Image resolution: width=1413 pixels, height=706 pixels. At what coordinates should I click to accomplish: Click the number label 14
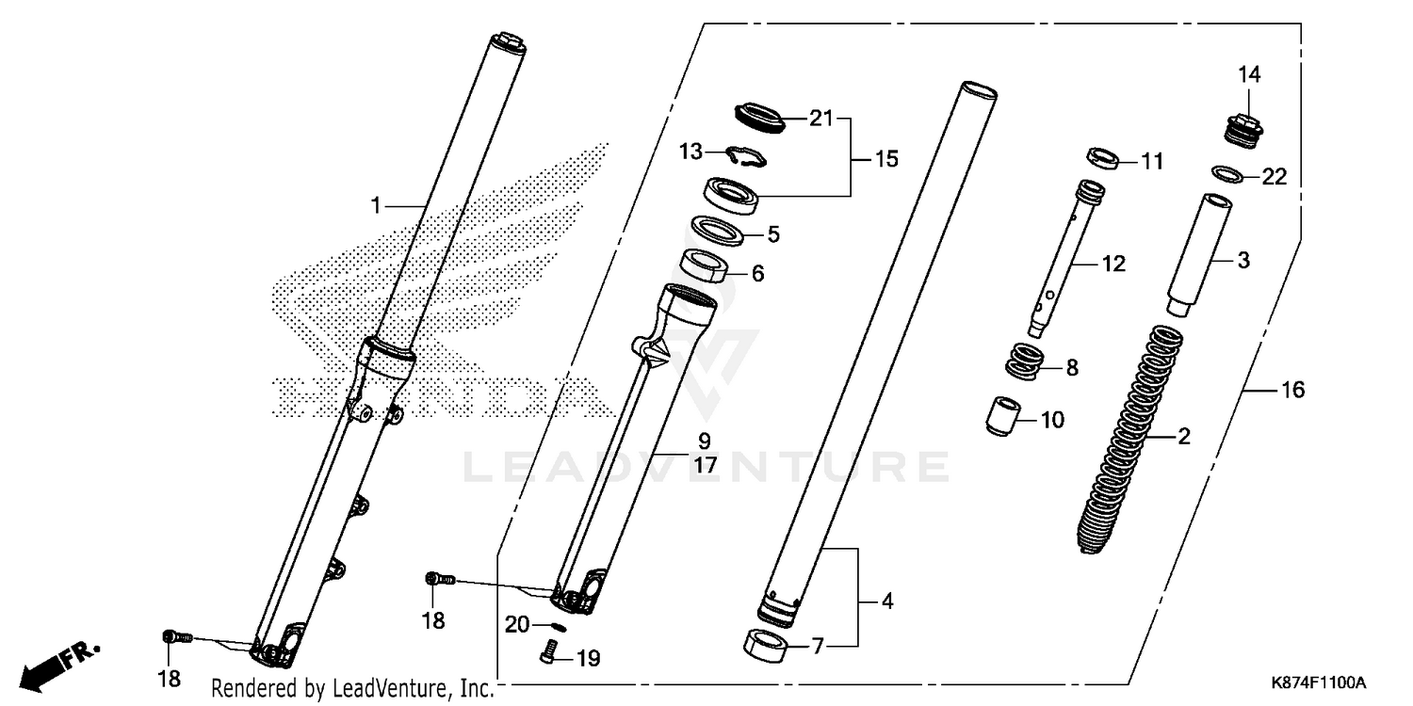(1248, 74)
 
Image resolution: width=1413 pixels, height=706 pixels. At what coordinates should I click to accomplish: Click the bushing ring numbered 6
(706, 267)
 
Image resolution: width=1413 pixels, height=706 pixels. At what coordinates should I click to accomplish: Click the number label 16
(1292, 389)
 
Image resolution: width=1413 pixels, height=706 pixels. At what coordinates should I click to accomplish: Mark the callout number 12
(1113, 265)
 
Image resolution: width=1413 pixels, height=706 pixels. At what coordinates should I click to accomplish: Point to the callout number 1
(376, 205)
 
